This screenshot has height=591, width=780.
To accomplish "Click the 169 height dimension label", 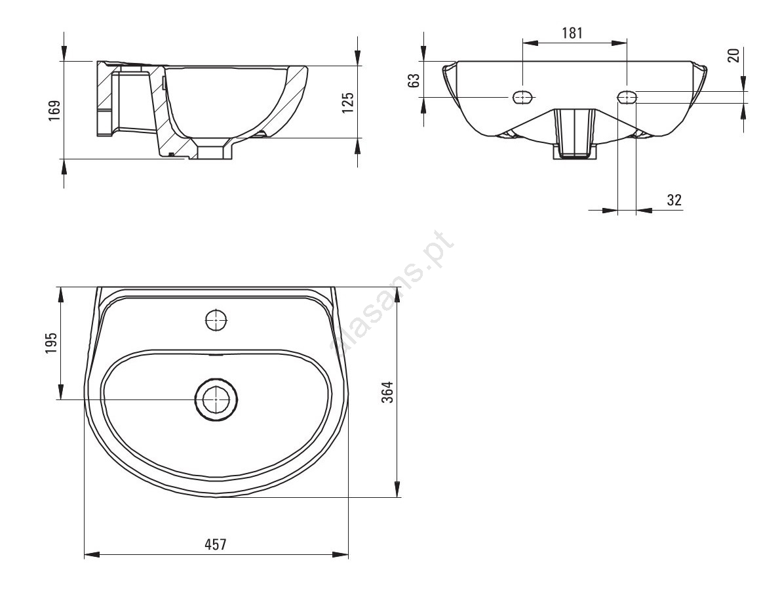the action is (54, 110).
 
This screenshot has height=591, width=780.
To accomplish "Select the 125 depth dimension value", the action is (348, 102).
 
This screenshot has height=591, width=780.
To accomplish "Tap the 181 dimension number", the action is (572, 33).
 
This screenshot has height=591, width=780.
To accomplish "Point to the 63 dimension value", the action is (414, 80).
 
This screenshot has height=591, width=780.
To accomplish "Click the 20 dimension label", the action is (733, 54).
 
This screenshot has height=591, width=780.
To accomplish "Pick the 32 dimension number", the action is (674, 200).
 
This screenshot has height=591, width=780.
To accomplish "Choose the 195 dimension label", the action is (51, 342).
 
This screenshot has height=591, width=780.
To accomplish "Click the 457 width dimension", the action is (216, 544).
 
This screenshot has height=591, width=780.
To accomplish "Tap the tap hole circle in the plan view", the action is (216, 319).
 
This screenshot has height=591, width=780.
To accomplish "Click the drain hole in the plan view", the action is (216, 399).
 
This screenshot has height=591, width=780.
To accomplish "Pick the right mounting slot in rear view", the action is (627, 96).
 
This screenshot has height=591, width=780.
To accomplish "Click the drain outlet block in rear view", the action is (575, 133).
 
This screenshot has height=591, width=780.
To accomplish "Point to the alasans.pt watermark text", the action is (394, 291).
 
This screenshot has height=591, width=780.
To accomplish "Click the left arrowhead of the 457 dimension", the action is (92, 554).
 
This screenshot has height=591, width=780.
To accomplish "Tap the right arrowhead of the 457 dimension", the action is (340, 554).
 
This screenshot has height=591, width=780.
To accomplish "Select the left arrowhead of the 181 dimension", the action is (530, 43).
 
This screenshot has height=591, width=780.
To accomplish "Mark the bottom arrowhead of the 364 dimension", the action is (397, 489).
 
